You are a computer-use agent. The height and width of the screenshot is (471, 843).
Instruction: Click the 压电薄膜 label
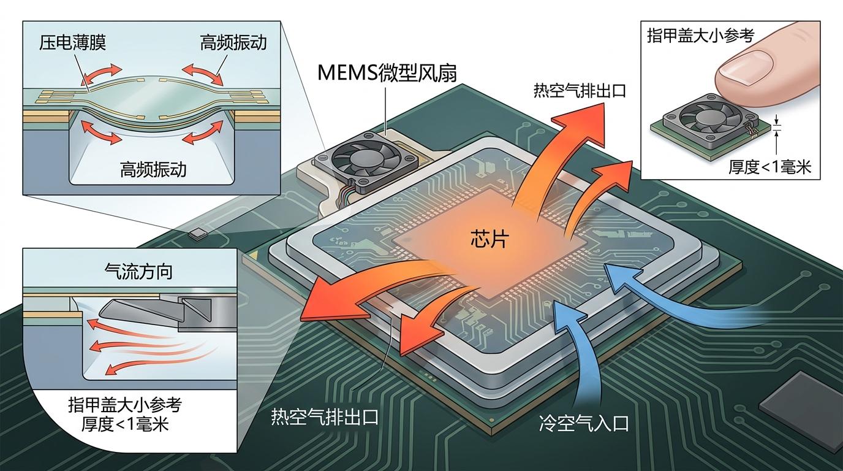pyautogui.click(x=73, y=43)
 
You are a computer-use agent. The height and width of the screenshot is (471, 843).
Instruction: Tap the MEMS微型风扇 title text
pyautogui.click(x=387, y=72)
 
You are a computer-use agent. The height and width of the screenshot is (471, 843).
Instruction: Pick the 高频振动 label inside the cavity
pyautogui.click(x=153, y=169)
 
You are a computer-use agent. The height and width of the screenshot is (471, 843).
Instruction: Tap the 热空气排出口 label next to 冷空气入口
pyautogui.click(x=324, y=418)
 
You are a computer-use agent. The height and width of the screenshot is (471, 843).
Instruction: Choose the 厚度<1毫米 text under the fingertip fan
pyautogui.click(x=769, y=167)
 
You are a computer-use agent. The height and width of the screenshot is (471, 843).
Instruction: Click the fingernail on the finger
pyautogui.click(x=741, y=66)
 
